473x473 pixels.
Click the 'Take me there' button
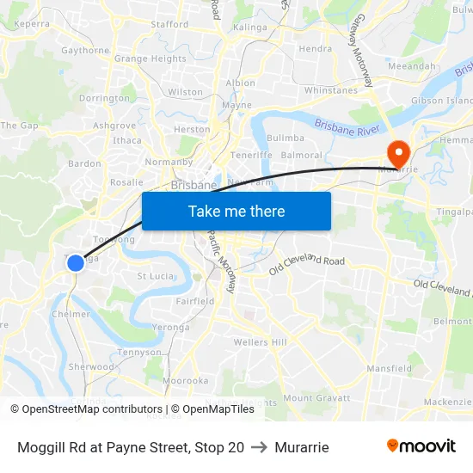click(x=236, y=211)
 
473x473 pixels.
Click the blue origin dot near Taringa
click(x=76, y=262)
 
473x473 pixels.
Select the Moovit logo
click(x=421, y=446)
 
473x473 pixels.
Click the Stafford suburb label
click(x=169, y=24)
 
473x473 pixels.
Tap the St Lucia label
click(x=155, y=276)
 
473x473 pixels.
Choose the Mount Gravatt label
click(x=316, y=398)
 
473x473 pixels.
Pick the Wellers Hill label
click(x=261, y=342)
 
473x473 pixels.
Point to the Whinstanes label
click(x=331, y=90)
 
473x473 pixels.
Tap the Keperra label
click(x=32, y=24)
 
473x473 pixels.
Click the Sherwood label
click(x=91, y=366)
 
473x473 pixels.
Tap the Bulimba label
click(x=286, y=138)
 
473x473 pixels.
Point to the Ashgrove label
click(x=114, y=126)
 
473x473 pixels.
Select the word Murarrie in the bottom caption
click(x=302, y=447)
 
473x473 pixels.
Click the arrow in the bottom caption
click(x=259, y=447)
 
